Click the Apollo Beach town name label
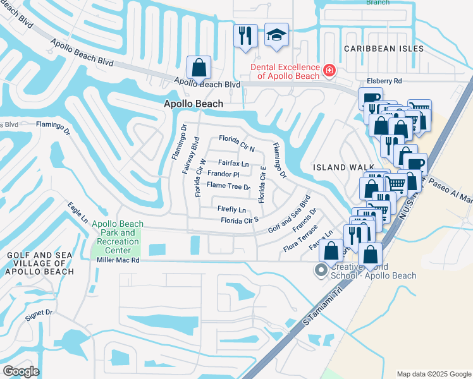pos(193,104)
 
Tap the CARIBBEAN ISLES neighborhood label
pos(381,49)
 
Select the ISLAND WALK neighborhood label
pos(337,167)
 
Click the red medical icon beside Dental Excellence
pos(329,70)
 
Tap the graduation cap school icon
pos(276,35)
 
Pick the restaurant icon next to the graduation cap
pos(245,35)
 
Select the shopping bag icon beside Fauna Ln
pos(331,250)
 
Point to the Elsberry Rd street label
pos(384,81)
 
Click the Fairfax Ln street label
pos(234,163)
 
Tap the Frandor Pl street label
pos(223,174)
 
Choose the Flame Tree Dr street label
pos(229,186)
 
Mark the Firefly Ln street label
pos(231,209)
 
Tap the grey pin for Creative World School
pos(321,270)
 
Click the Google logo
pos(21,371)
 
